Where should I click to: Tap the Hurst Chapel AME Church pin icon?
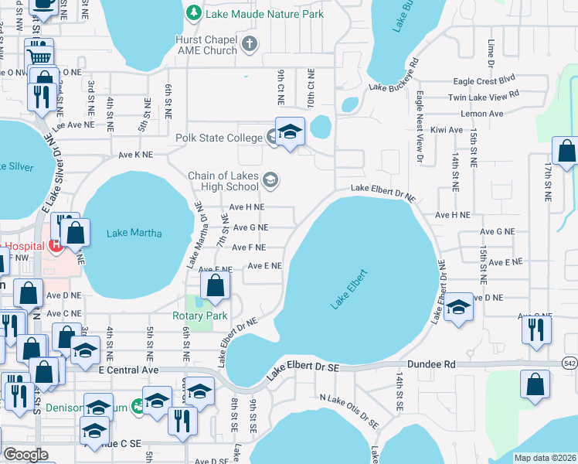pos(249,45)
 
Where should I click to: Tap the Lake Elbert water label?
pos(348,289)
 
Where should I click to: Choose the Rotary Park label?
pos(199,316)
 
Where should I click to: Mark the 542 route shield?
pos(569,362)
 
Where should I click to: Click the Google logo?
pos(25,455)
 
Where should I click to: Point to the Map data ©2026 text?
pos(544,458)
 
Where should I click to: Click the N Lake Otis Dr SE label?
pos(348,410)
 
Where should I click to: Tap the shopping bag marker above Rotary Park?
pos(215,286)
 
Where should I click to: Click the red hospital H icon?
pos(54,245)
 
